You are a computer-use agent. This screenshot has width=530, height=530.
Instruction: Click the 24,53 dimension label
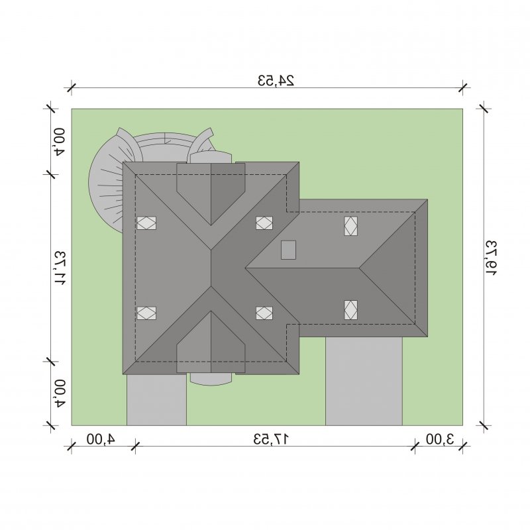coord(276,80)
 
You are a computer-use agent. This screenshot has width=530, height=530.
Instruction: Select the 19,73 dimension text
coord(491,258)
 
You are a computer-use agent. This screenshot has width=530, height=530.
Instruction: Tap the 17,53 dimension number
coord(271,439)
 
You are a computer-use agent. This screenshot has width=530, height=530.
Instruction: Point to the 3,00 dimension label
coord(439,439)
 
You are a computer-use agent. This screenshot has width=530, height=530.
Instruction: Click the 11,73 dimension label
coord(60,268)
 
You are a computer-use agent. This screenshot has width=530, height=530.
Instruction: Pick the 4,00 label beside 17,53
coord(101,439)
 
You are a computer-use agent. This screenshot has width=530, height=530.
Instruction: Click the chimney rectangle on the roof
coord(288,250)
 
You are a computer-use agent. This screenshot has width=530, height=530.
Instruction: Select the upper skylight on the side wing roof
coord(351,226)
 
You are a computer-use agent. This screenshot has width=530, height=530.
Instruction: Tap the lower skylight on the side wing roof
coord(351,310)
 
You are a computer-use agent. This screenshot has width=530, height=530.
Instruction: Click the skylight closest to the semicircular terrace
coord(146,223)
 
